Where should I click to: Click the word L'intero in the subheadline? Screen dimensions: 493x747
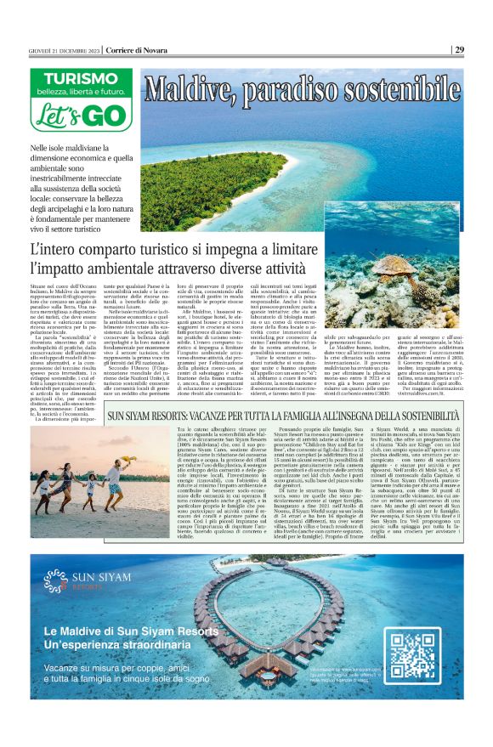pos(59,252)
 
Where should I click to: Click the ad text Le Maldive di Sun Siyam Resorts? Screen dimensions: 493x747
pos(131,631)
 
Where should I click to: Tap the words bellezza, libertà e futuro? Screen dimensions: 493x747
pos(77,91)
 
